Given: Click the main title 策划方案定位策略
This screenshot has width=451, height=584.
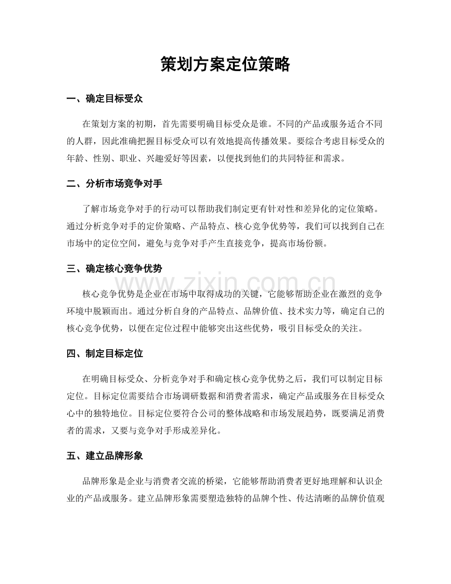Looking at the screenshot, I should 225,65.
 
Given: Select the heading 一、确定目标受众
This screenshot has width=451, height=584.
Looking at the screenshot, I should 104,100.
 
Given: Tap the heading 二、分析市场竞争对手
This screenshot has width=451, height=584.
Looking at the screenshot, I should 114,184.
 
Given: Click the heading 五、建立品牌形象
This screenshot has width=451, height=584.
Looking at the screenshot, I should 104,456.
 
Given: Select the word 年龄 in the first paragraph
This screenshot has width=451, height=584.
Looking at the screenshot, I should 75,159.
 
